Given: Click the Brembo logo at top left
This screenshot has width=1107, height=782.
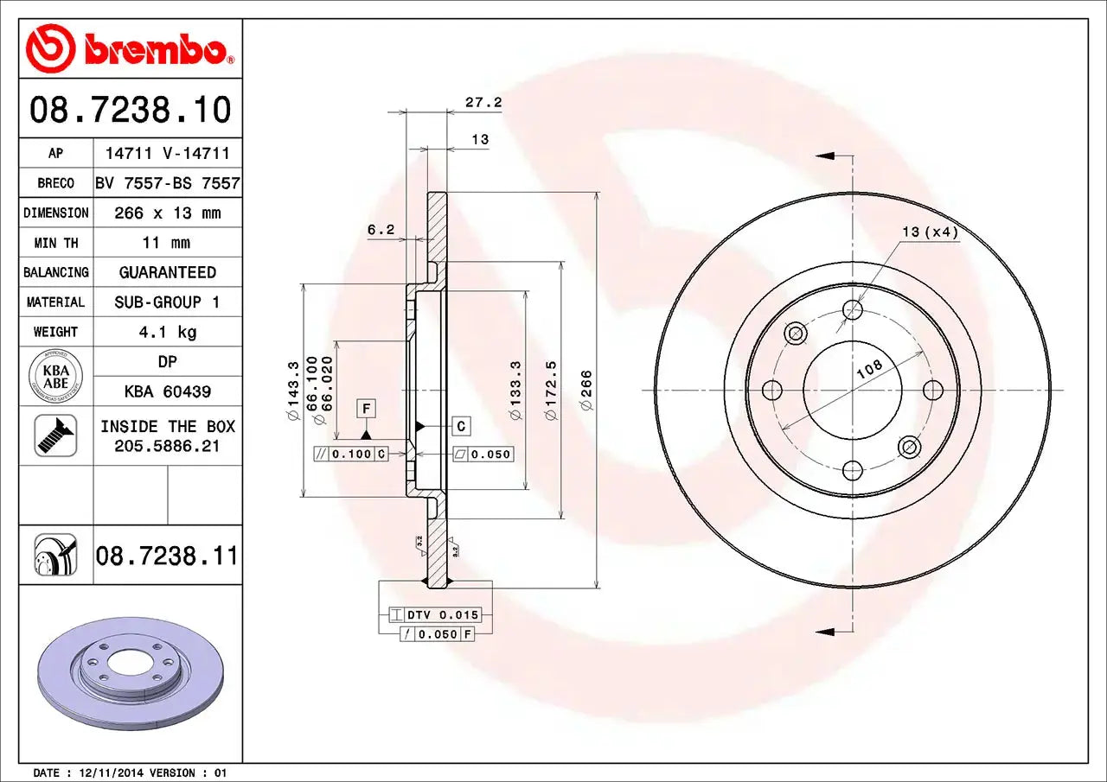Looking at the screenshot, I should [130, 49].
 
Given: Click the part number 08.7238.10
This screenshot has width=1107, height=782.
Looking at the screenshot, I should [131, 111].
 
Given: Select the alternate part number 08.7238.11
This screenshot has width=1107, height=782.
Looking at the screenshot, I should [167, 555].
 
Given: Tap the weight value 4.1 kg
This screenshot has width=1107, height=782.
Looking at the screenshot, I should [168, 332].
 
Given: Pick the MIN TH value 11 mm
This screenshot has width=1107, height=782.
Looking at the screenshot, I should [168, 243].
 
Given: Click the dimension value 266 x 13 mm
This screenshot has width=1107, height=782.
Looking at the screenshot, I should [168, 213].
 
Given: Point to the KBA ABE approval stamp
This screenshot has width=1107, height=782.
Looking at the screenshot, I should [55, 377].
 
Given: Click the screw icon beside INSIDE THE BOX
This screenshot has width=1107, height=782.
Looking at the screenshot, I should [55, 436].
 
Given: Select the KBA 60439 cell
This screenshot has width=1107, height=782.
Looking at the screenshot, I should [168, 391].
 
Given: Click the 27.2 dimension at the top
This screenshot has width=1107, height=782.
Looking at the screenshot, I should [483, 102].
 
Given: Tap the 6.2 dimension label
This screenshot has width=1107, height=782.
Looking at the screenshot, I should [381, 230].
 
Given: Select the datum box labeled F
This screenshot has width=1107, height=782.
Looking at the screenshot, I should [366, 408].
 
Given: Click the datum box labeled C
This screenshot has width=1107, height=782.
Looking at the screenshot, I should [461, 426].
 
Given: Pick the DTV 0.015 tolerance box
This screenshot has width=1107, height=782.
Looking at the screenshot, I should [442, 615].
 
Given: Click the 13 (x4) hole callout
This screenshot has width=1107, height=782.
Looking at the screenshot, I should [930, 232].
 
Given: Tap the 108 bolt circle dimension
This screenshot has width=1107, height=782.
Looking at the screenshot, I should [869, 368].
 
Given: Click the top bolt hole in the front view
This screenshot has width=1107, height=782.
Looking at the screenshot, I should [853, 309].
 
